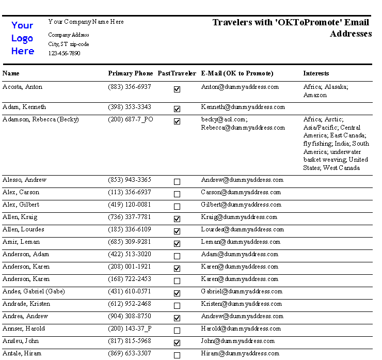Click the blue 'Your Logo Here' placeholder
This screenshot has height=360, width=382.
pyautogui.click(x=23, y=38)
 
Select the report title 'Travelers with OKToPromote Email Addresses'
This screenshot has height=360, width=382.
pyautogui.click(x=292, y=28)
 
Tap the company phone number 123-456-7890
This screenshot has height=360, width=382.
pyautogui.click(x=64, y=53)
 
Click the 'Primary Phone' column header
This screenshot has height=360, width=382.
pyautogui.click(x=131, y=73)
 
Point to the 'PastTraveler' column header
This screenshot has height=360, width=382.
pyautogui.click(x=177, y=73)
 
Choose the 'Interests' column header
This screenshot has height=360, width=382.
pyautogui.click(x=316, y=73)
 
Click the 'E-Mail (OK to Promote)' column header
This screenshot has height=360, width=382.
pyautogui.click(x=237, y=73)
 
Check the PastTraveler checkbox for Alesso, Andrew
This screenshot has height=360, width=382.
pyautogui.click(x=177, y=182)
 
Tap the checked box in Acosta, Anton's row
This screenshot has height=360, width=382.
pyautogui.click(x=177, y=89)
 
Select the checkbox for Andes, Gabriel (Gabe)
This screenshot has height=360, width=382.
pyautogui.click(x=177, y=293)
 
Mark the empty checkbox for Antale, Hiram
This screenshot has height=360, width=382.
pyautogui.click(x=177, y=355)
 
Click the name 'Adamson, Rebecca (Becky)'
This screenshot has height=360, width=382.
pyautogui.click(x=41, y=119)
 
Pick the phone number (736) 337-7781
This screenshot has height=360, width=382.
pyautogui.click(x=130, y=217)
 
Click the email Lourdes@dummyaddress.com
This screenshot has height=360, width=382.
pyautogui.click(x=242, y=229)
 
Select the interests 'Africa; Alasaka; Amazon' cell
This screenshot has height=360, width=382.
pyautogui.click(x=325, y=91)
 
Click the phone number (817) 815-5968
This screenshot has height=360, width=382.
pyautogui.click(x=130, y=341)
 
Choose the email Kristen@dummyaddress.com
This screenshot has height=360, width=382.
pyautogui.click(x=241, y=304)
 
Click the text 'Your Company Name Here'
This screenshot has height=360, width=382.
pyautogui.click(x=86, y=22)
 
